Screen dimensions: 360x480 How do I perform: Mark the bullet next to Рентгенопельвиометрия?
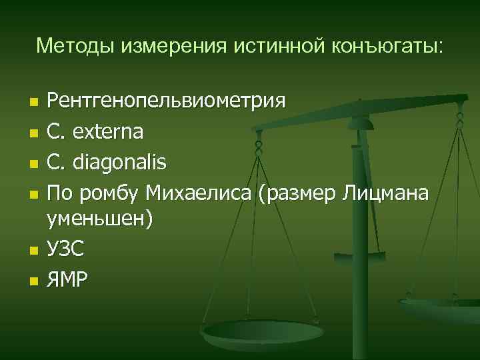(x=33, y=103)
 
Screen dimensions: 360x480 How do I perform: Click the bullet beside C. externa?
(x=33, y=133)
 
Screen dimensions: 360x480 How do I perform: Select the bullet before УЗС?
(x=33, y=250)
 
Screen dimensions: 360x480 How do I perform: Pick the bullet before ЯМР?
(x=33, y=281)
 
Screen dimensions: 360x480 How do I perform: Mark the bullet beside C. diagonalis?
(x=33, y=163)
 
